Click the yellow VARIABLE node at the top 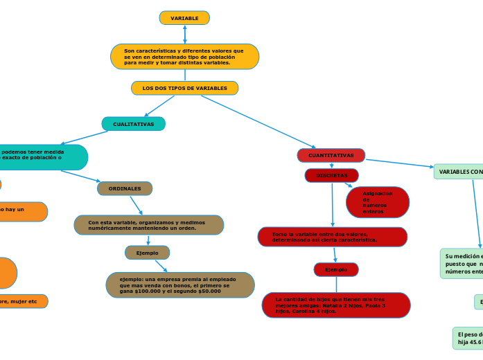[184, 18]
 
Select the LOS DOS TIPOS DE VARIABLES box [184, 89]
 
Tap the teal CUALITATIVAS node [133, 124]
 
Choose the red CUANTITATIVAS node [331, 156]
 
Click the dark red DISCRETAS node [331, 176]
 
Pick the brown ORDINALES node [125, 188]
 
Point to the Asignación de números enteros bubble [378, 202]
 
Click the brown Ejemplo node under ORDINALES [147, 253]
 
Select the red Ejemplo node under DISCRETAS [336, 269]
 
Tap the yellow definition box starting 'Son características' [184, 57]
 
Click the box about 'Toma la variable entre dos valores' [332, 237]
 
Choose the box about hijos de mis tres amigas [336, 305]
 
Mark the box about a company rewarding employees [180, 285]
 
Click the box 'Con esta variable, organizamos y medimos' [148, 225]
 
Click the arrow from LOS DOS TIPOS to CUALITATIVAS [160, 105]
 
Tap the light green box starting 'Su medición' [462, 264]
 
